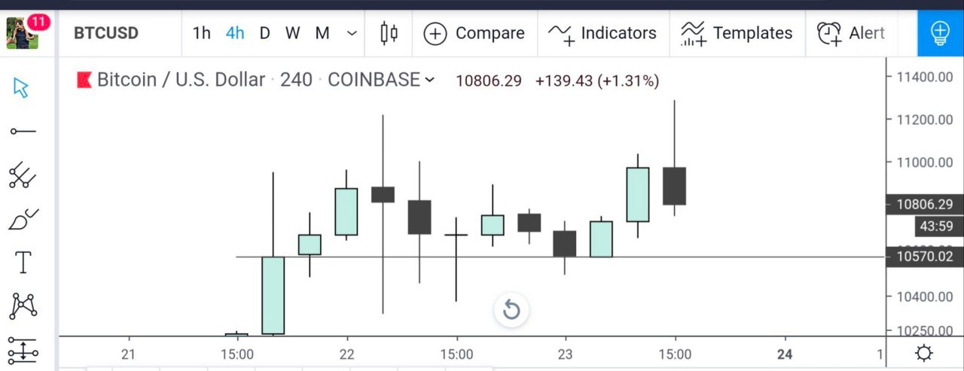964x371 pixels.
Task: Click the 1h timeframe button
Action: click(x=201, y=33)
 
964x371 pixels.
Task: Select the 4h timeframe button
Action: click(x=235, y=33)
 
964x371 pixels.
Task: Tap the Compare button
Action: click(x=474, y=33)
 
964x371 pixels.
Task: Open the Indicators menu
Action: click(x=603, y=33)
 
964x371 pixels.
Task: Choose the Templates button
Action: click(x=737, y=33)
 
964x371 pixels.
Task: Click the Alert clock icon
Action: click(x=829, y=33)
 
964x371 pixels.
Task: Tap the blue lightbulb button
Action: click(x=940, y=33)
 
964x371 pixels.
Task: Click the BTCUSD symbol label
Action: click(x=106, y=33)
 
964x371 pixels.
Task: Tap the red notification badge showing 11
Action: click(x=38, y=23)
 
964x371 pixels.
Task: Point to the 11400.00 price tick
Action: click(x=925, y=76)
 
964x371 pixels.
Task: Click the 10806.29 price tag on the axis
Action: click(x=924, y=204)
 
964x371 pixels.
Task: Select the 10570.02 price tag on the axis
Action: click(x=924, y=257)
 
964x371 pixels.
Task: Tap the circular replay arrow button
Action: click(x=511, y=309)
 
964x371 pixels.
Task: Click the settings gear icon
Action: click(x=924, y=353)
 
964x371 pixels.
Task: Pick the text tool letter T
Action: click(x=23, y=263)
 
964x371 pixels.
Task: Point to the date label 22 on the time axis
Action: click(x=346, y=354)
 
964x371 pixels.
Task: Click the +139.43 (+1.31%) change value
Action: click(x=596, y=81)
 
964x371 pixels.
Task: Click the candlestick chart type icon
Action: click(x=389, y=33)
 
